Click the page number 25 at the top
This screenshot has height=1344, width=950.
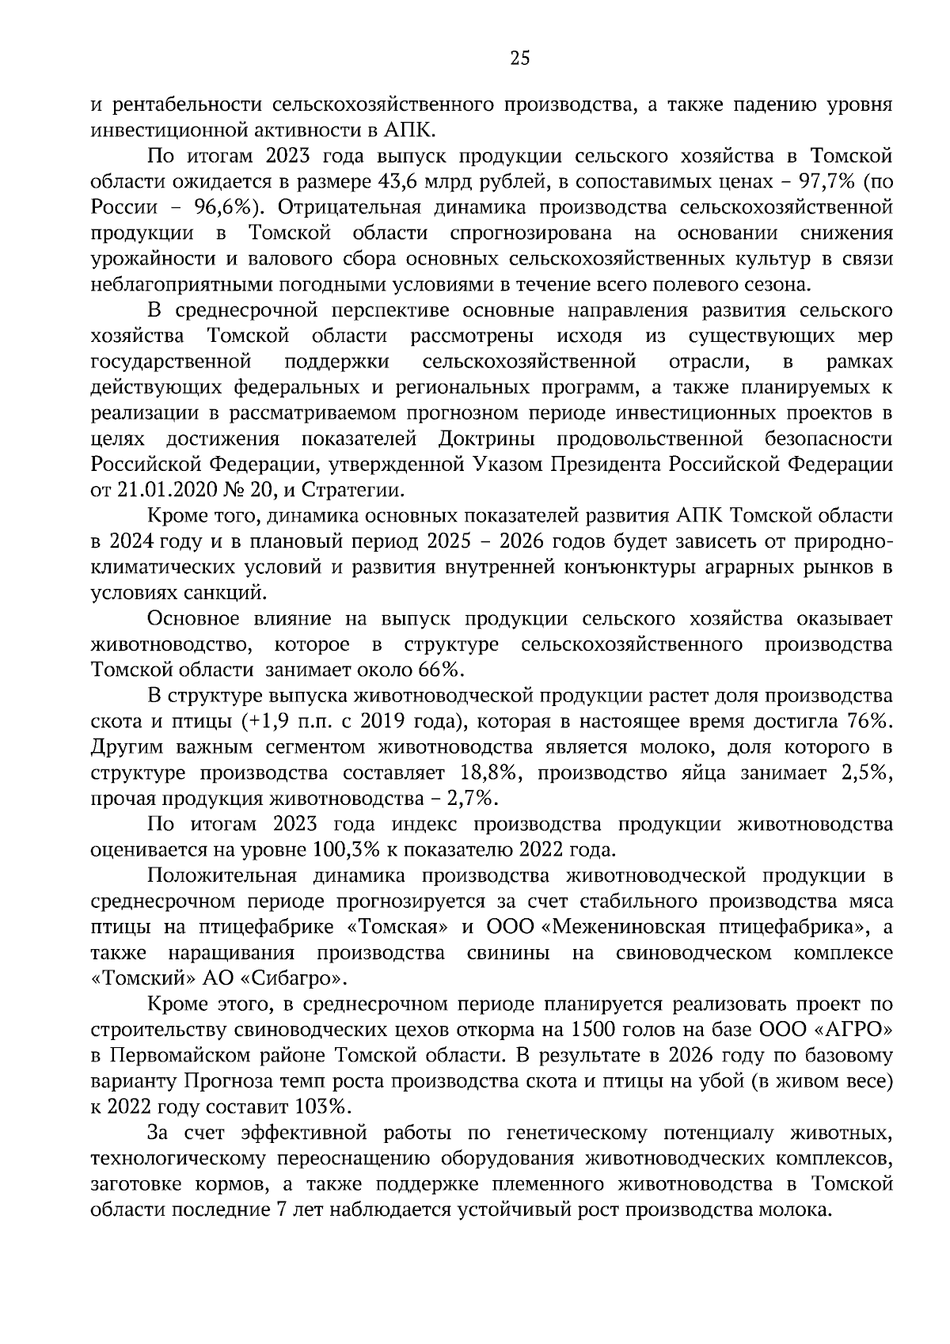pos(519,58)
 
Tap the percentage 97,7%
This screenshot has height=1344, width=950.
pos(829,181)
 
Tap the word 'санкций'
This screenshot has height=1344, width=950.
pos(230,593)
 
